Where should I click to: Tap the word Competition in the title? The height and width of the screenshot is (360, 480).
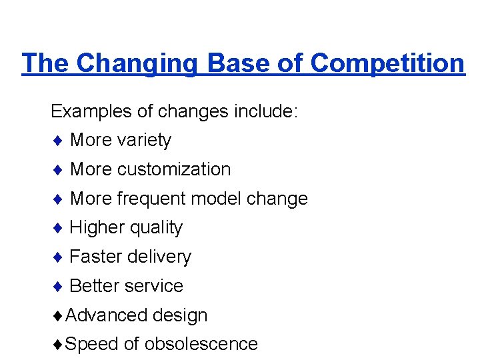387,63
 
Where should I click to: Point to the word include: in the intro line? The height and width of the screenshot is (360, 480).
265,111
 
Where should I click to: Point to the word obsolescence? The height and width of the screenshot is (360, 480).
201,344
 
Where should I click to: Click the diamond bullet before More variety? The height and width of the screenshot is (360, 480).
58,141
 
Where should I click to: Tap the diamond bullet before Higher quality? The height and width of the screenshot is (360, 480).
58,228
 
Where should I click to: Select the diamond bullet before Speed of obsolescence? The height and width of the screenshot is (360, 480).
58,345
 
